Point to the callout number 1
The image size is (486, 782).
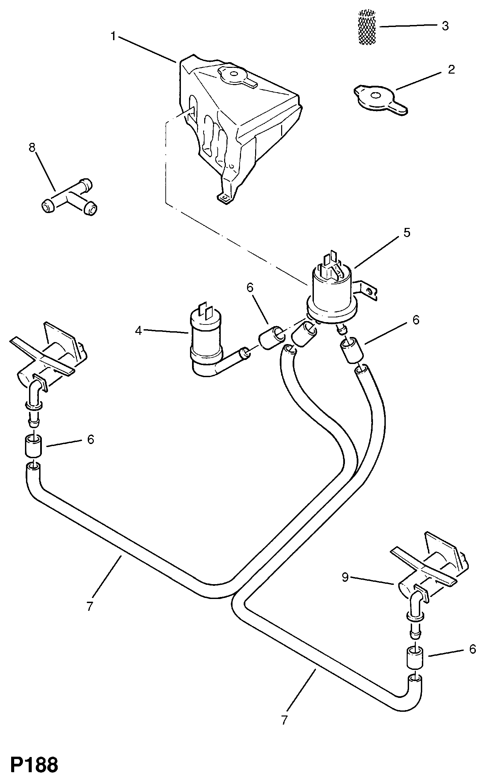113,36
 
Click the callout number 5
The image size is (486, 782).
407,232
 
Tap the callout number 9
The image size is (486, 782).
345,577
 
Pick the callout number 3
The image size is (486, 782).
445,26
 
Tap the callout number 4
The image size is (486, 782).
138,331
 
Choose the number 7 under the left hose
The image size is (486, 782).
89,606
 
